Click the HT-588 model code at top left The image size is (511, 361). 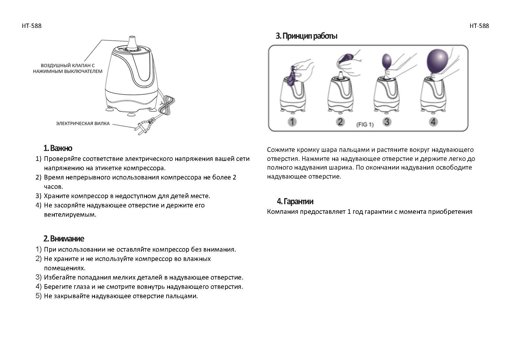coord(31,26)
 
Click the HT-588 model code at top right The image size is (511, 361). coord(479,26)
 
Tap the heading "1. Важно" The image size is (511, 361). coord(58,148)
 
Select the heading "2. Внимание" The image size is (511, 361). coord(63,239)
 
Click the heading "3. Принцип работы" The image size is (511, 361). coord(306,36)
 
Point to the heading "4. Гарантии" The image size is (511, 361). coord(295,201)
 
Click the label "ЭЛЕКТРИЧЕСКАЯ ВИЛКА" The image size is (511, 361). coord(83,124)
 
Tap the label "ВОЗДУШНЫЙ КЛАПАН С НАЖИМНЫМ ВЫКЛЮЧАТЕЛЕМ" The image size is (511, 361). coord(68,68)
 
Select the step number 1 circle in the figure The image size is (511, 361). coord(292,122)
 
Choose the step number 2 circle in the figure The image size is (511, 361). coord(340,122)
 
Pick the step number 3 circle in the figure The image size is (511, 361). coord(386,122)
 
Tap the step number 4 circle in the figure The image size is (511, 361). coord(433,122)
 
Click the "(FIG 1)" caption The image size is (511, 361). coord(365,125)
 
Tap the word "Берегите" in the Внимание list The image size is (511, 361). coord(57,287)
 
